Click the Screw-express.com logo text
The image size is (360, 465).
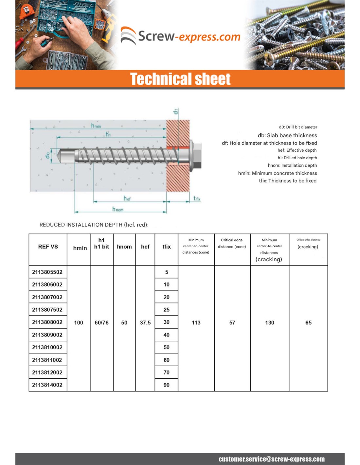189,36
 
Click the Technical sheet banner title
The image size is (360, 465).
180,79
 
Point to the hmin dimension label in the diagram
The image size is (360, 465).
96,126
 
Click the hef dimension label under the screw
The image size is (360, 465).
127,198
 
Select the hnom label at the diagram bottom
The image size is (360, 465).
118,209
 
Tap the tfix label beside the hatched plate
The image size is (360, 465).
197,198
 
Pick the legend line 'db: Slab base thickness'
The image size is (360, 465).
287,135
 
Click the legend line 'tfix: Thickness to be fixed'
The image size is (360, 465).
287,181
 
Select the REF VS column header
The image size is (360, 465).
48,247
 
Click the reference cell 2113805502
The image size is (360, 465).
47,272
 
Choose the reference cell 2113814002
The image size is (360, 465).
47,385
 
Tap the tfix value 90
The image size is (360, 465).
167,385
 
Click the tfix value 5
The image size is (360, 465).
167,272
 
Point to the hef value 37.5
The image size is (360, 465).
145,323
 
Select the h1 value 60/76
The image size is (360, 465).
101,323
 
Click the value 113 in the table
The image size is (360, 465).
196,323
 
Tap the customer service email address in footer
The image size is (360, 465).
271,459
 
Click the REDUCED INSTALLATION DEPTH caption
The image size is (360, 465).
94,225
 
